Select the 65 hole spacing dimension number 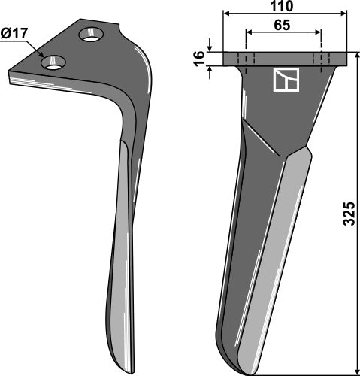pyautogui.click(x=283, y=24)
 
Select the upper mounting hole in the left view pyautogui.click(x=92, y=35)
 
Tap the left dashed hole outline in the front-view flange pyautogui.click(x=246, y=59)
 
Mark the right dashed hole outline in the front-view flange pyautogui.click(x=321, y=59)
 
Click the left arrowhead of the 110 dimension pyautogui.click(x=225, y=14)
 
